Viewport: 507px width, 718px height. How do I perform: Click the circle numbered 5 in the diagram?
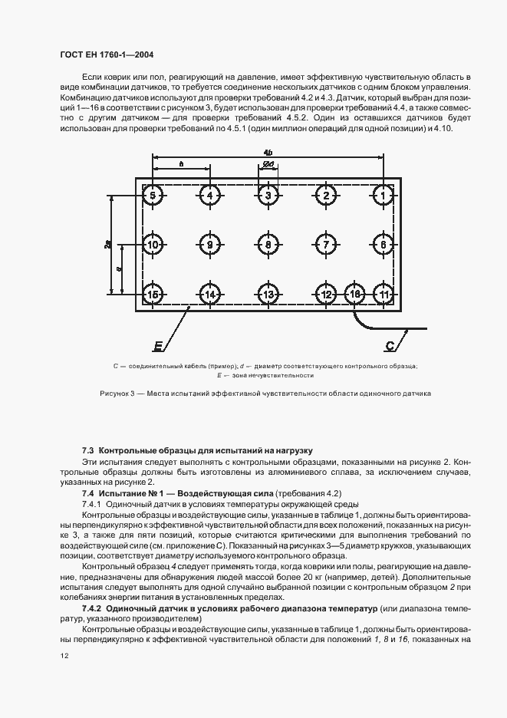(153, 196)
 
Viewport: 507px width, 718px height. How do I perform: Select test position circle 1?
(383, 196)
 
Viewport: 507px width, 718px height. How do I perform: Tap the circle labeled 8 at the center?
(268, 245)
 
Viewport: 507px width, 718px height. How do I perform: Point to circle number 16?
(355, 295)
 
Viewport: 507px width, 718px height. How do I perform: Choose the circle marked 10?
(153, 245)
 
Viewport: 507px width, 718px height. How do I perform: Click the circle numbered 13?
(268, 295)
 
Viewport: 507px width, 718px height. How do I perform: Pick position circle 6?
(383, 245)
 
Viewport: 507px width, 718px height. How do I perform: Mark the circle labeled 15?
(153, 295)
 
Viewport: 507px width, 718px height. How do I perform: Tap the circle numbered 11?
(383, 295)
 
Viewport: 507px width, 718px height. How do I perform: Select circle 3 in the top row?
(268, 196)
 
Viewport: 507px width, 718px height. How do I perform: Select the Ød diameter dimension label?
(268, 164)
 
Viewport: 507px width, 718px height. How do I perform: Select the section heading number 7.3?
(88, 450)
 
